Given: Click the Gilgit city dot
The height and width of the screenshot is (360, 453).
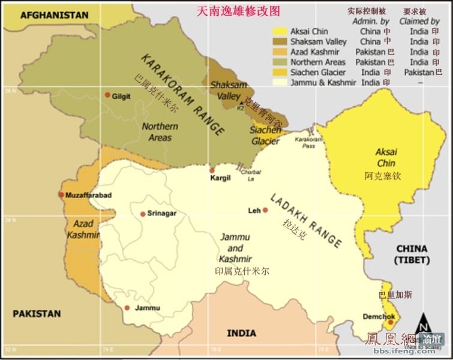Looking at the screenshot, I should pyautogui.click(x=107, y=95).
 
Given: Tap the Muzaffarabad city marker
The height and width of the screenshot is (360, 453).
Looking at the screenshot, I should pyautogui.click(x=61, y=194).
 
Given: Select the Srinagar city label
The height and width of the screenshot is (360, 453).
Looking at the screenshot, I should pyautogui.click(x=162, y=214).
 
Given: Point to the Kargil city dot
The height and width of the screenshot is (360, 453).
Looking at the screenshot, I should pyautogui.click(x=211, y=170).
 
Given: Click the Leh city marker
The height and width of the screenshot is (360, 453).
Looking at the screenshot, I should pyautogui.click(x=265, y=211).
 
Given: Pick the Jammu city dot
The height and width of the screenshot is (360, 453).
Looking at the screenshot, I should pyautogui.click(x=127, y=308).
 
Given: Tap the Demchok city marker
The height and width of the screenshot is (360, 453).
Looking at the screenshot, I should pyautogui.click(x=390, y=322).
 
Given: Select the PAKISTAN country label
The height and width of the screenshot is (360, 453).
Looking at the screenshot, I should pyautogui.click(x=37, y=313).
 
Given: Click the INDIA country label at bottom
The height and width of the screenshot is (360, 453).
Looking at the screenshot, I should pyautogui.click(x=241, y=333).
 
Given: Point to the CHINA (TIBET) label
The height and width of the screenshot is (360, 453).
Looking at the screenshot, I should pyautogui.click(x=412, y=254).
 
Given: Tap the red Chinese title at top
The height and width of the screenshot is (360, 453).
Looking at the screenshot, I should pyautogui.click(x=239, y=11).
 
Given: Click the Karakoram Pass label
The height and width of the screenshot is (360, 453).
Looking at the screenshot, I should pyautogui.click(x=304, y=142).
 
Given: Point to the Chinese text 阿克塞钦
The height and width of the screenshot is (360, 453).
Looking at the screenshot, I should pyautogui.click(x=382, y=176).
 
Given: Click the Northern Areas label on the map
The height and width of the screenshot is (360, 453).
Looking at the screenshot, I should pyautogui.click(x=160, y=132).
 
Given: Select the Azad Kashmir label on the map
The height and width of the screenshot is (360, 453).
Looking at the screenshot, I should pyautogui.click(x=83, y=229).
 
